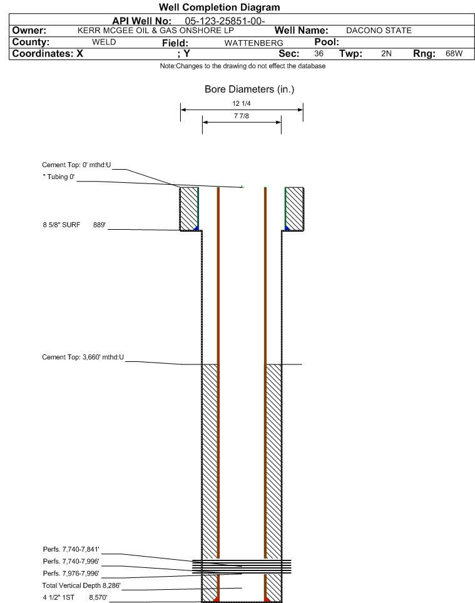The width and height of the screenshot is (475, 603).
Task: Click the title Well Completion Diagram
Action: click(220, 8)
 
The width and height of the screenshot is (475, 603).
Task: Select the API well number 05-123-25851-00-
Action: click(225, 21)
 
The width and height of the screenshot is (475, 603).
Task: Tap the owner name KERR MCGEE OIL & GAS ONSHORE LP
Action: click(156, 31)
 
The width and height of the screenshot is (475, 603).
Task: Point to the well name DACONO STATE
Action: click(379, 31)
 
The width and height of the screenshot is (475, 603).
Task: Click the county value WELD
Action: click(104, 42)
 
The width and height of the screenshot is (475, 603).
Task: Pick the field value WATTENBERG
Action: click(253, 43)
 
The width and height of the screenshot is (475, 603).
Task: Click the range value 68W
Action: click(454, 53)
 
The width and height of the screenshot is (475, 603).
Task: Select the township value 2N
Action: click(386, 53)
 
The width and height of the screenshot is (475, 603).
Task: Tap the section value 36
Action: click(319, 53)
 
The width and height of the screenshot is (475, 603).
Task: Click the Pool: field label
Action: click(327, 42)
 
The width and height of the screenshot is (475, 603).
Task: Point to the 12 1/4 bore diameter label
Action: click(242, 103)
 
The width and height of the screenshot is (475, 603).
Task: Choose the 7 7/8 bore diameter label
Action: click(242, 116)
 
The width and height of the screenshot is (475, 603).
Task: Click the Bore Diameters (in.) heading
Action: click(249, 89)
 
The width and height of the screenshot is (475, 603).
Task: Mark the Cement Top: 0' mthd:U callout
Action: click(76, 165)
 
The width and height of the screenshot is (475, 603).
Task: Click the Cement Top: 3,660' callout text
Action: click(83, 358)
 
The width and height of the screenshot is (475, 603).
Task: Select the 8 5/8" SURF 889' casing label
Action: click(74, 225)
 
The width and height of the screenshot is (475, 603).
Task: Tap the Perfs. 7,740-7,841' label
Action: click(71, 550)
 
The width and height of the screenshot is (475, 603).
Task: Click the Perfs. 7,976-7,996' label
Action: click(71, 574)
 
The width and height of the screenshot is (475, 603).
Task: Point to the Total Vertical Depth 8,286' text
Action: click(81, 585)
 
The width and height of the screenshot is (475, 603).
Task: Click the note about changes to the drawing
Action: click(242, 66)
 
